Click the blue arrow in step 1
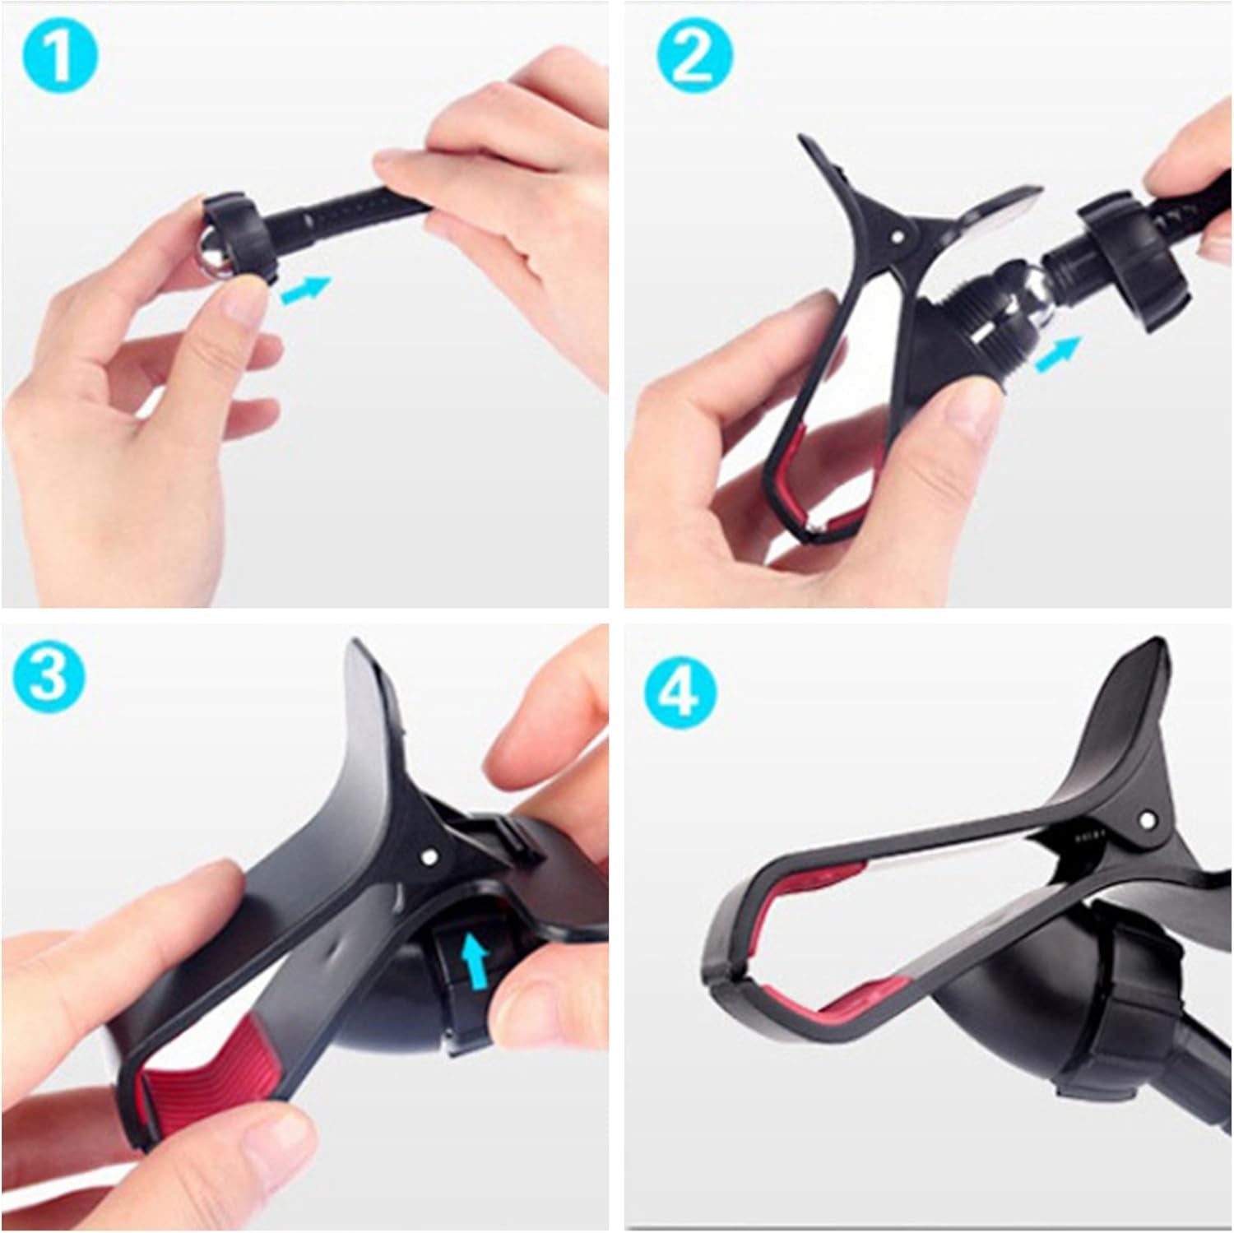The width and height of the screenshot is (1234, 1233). click(304, 290)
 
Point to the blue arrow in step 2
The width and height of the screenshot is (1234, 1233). click(1056, 356)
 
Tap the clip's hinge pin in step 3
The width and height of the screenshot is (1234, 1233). click(428, 857)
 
